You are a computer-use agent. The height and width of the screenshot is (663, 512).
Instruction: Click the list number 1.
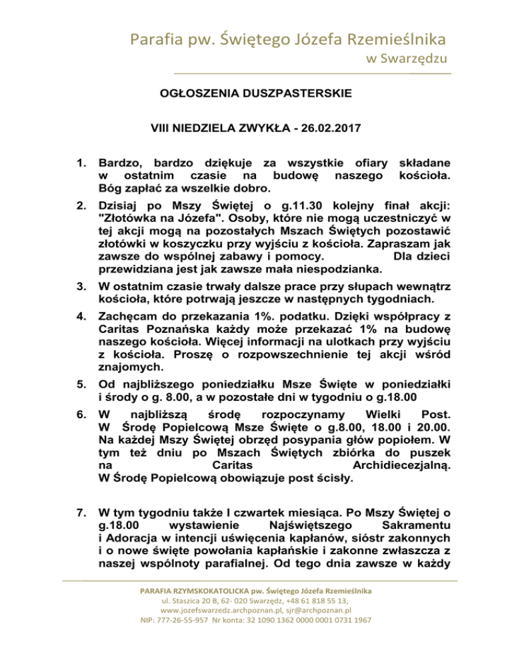pyautogui.click(x=83, y=162)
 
